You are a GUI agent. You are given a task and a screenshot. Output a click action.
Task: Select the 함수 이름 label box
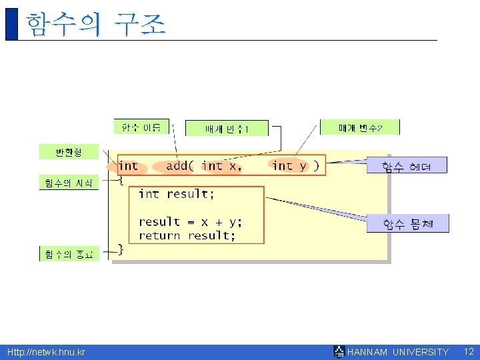[141, 127]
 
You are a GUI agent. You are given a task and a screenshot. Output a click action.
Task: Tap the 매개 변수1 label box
[227, 129]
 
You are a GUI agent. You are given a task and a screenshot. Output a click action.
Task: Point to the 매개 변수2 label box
[360, 127]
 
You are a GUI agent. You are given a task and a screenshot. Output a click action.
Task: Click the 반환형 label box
[69, 152]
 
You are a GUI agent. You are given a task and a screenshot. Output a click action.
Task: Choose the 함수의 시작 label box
[69, 183]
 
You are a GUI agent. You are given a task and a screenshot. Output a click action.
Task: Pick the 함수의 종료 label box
[69, 254]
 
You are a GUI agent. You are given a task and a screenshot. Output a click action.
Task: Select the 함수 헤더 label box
[407, 166]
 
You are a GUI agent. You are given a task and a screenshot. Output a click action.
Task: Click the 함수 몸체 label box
[407, 224]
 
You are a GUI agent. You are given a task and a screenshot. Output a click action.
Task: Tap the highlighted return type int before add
[128, 166]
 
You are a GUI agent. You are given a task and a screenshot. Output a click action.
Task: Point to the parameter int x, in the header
[221, 166]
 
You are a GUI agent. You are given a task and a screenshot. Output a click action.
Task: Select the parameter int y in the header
[290, 166]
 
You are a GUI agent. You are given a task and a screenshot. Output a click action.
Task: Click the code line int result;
[177, 194]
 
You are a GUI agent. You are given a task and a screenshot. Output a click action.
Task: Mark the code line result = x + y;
[191, 222]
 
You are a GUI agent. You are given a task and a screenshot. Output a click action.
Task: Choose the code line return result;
[187, 236]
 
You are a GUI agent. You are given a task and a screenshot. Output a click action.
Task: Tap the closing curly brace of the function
[121, 249]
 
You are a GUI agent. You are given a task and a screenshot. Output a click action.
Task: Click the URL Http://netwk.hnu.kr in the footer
[46, 352]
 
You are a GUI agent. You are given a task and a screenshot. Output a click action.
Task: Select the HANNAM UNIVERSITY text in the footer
[398, 352]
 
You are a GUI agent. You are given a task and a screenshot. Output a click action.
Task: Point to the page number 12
[468, 351]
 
